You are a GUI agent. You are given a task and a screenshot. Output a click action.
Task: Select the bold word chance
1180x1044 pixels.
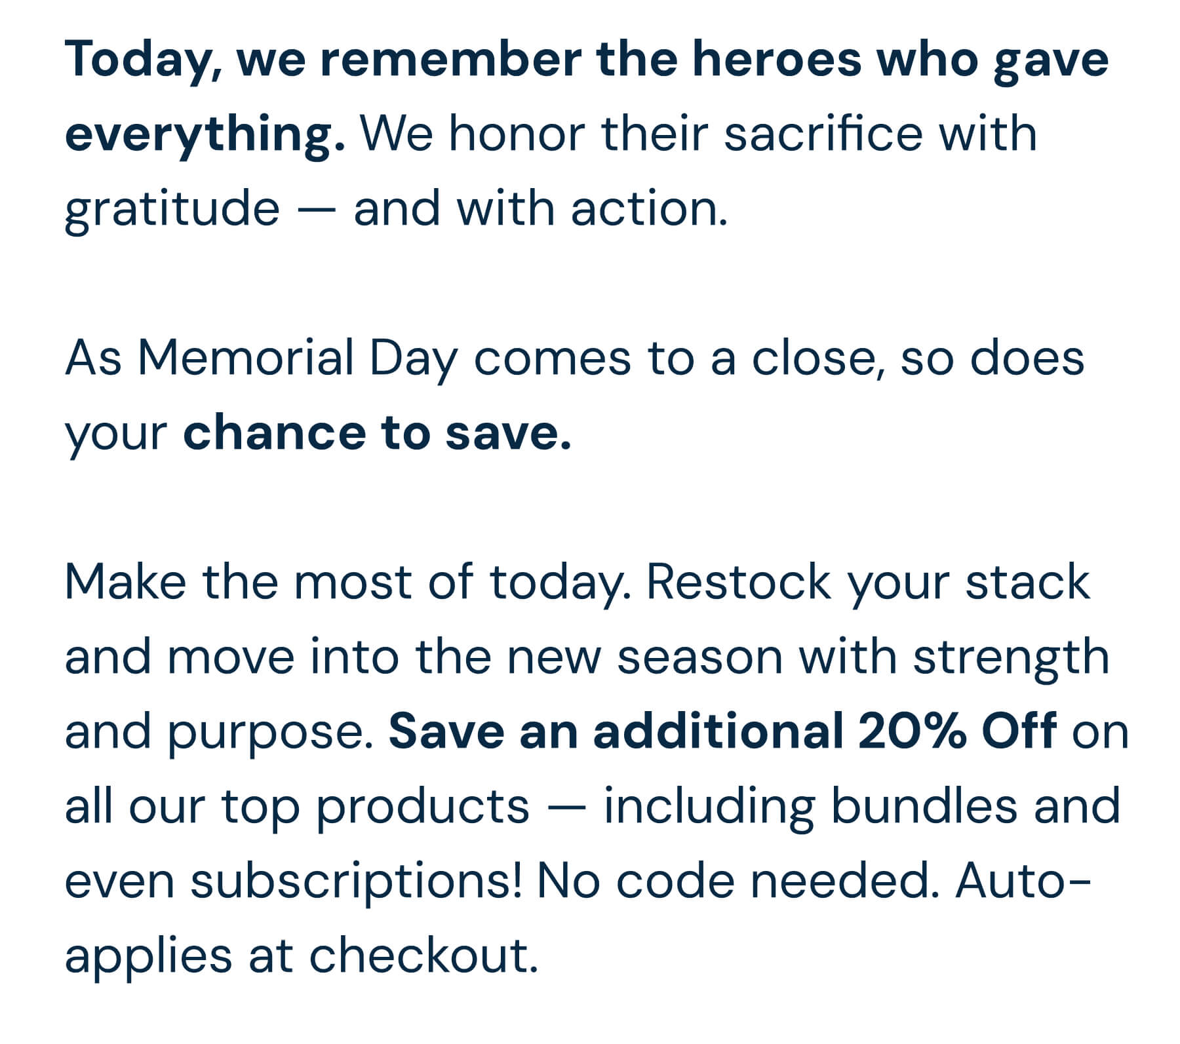pos(275,433)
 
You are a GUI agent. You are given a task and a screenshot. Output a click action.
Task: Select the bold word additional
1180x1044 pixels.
pos(718,731)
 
